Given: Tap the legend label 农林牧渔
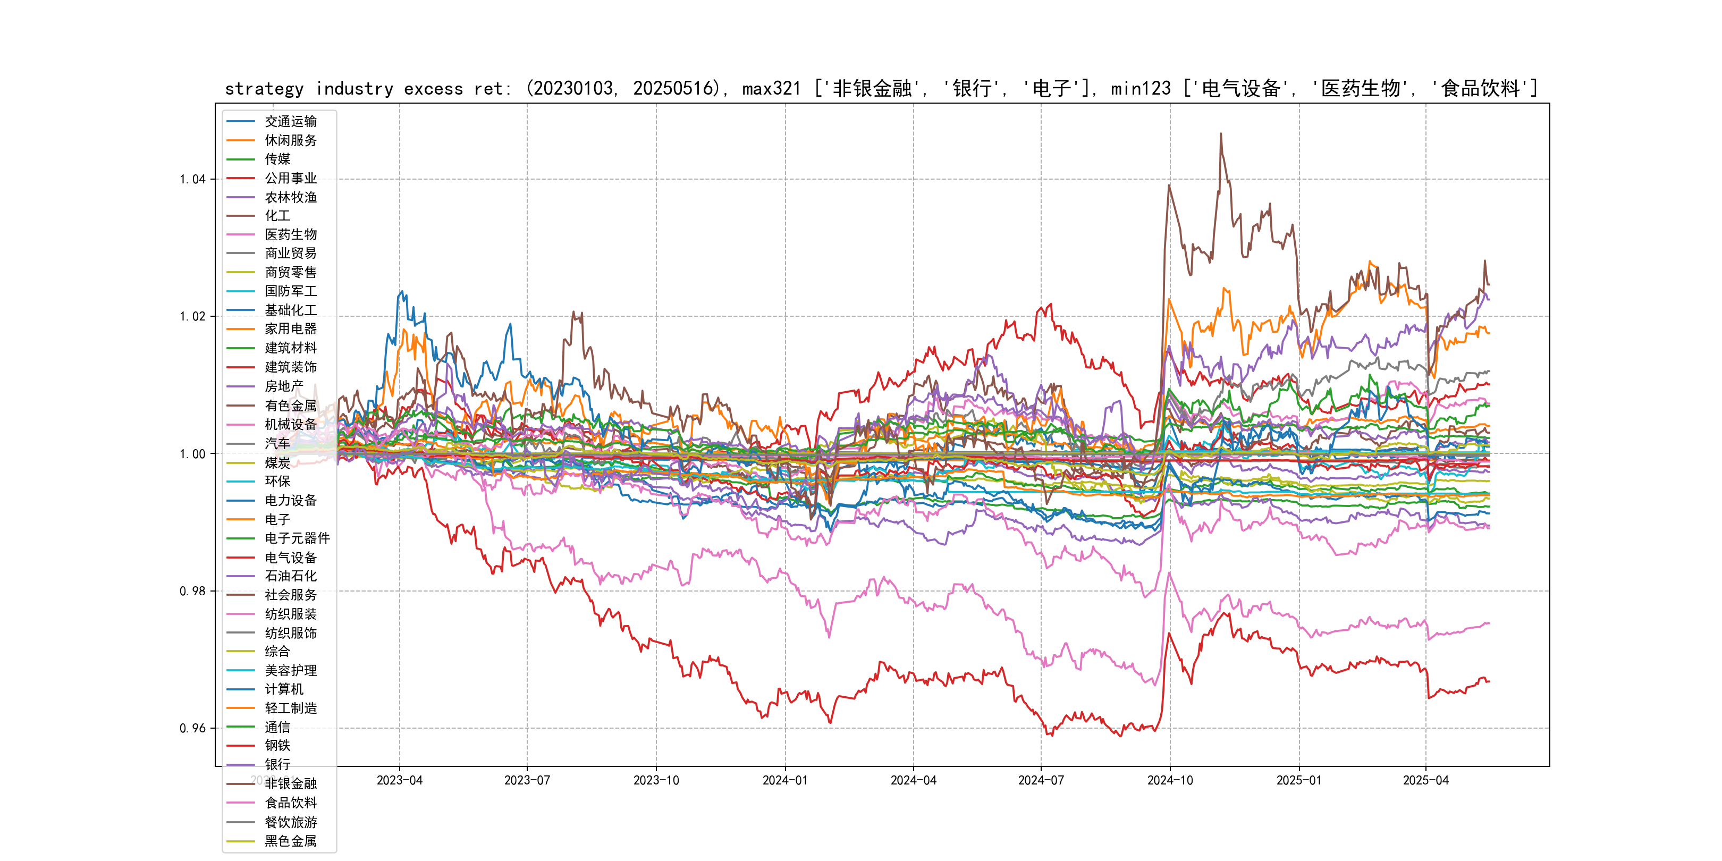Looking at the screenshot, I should tap(290, 197).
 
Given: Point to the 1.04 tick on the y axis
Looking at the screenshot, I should tap(192, 179).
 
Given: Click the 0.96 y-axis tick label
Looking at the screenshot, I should tap(192, 728).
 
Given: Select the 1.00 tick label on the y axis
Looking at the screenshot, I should tap(192, 454).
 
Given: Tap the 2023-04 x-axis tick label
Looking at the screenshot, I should tap(400, 781).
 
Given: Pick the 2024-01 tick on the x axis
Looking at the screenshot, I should tap(785, 781).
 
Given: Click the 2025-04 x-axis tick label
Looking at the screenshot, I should tap(1425, 781).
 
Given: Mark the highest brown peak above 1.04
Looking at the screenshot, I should tap(1221, 134).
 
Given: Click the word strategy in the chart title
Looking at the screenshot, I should tap(264, 89).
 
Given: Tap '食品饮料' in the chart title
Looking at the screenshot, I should tap(1480, 89).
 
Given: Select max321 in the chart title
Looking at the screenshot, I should tap(771, 89).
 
